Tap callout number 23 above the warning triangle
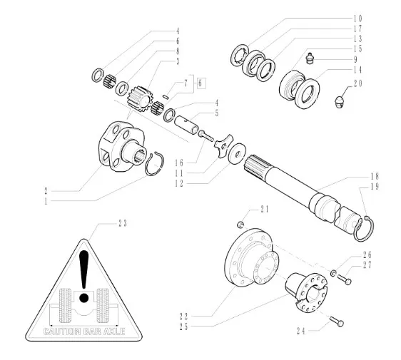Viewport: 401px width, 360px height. [x=123, y=224]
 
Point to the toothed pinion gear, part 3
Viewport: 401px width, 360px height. [x=139, y=99]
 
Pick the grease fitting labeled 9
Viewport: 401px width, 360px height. [x=310, y=58]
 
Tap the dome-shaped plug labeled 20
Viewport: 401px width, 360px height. [x=339, y=102]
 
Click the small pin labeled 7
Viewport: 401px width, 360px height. [x=166, y=97]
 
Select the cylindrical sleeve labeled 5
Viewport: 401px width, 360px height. [x=186, y=125]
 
